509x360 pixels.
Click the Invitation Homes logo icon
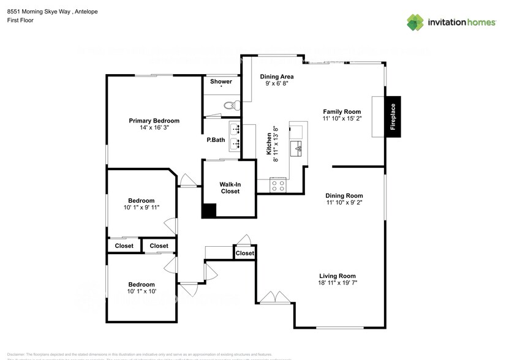416,22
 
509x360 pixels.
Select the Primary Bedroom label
154,121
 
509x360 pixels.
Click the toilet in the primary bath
230,105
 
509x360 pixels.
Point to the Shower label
221,81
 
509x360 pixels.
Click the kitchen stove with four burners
277,183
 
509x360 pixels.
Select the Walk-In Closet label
230,187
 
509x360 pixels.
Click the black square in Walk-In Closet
209,210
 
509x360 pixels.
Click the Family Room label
342,112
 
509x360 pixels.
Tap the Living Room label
337,276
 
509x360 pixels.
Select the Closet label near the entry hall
244,253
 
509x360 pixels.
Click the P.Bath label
216,140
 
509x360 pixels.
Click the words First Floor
20,20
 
